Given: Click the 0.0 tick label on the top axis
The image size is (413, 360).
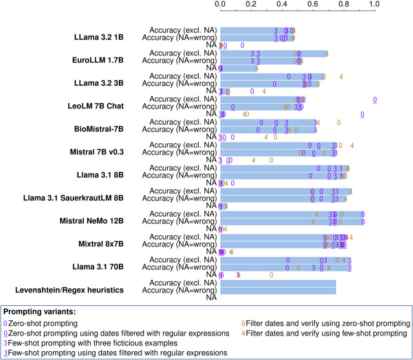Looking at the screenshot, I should [220, 4].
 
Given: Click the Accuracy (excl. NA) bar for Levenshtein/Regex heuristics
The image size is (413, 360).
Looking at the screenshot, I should [278, 283].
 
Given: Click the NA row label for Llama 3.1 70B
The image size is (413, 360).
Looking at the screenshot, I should [211, 275].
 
